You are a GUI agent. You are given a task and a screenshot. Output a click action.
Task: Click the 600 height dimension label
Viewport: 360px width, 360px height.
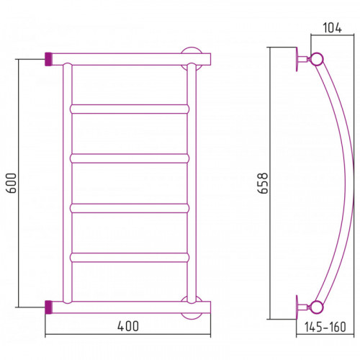[12, 183]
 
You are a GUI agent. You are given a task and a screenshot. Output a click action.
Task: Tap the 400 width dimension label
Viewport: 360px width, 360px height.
[128, 326]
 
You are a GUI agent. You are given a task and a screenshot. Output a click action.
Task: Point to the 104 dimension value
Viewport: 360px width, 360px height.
[332, 28]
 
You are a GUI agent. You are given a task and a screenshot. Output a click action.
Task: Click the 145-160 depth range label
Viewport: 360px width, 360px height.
[325, 327]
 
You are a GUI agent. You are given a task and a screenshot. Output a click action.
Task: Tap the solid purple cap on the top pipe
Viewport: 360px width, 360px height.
[48, 59]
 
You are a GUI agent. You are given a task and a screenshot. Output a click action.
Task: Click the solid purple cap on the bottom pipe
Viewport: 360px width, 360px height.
[48, 307]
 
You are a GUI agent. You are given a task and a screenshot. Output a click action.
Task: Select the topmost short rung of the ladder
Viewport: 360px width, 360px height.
[130, 109]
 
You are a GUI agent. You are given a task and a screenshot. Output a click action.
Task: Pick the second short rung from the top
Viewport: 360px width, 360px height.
[130, 158]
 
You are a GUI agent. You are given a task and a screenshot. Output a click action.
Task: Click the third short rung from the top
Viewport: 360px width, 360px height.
[130, 208]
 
